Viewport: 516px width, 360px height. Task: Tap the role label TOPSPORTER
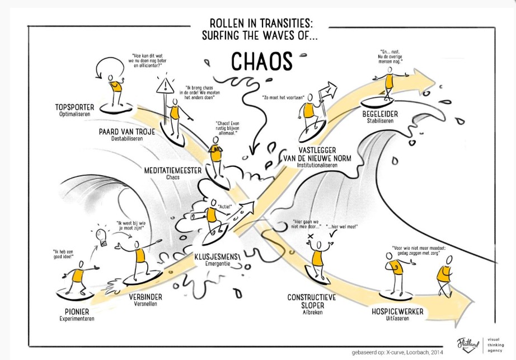[x=74, y=107]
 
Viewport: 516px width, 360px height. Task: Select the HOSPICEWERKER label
[x=397, y=311]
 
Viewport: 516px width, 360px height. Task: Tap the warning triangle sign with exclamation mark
[x=166, y=86]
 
